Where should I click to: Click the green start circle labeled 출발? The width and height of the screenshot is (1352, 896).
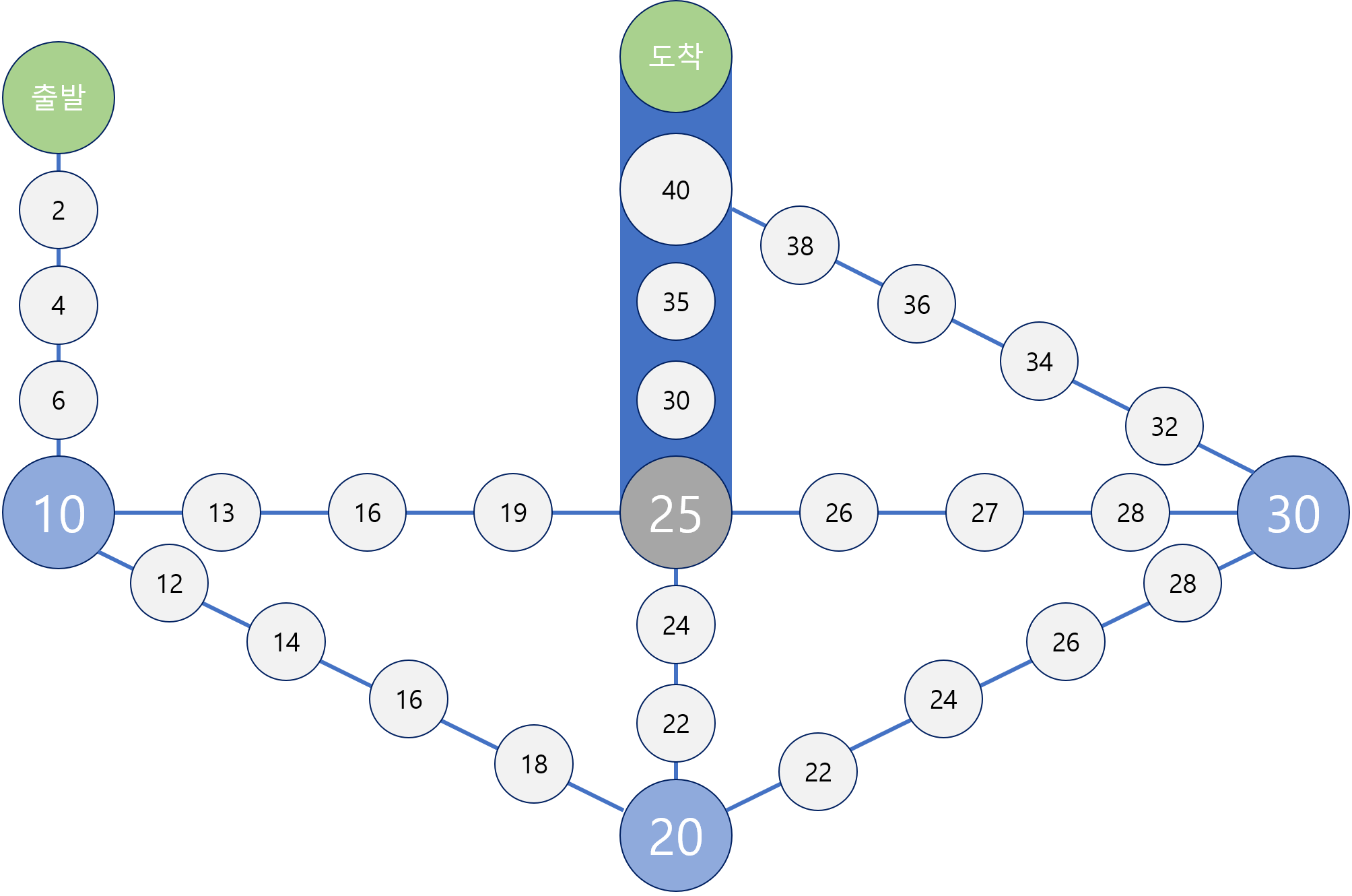coord(59,98)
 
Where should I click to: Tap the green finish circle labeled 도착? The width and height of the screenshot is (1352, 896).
coord(675,57)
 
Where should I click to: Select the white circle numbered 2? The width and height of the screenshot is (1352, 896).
coord(59,210)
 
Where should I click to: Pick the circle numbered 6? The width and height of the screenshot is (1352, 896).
coord(59,400)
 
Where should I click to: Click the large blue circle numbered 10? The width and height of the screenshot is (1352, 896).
coord(59,513)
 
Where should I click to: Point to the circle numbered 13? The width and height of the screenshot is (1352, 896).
coord(222,513)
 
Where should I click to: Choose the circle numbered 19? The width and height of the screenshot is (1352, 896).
coord(513,513)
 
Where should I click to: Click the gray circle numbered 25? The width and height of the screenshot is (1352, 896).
coord(675,513)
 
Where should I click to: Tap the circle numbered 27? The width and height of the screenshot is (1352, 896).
coord(984,513)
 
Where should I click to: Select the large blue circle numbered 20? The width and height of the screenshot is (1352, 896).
coord(675,836)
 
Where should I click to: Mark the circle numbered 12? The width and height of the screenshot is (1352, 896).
coord(170,583)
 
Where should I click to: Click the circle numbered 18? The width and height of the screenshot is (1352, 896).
coord(534,764)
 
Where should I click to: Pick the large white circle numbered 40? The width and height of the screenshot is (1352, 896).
coord(675,189)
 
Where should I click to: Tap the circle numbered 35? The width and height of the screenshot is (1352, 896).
coord(675,302)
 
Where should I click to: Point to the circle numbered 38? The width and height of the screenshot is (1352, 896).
coord(800,246)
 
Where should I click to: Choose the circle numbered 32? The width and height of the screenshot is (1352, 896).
coord(1164,426)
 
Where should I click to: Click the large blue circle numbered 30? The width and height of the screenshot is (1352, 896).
coord(1293,513)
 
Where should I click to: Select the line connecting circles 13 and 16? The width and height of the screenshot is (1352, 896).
coord(294,513)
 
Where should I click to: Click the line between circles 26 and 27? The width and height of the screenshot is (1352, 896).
coord(912,513)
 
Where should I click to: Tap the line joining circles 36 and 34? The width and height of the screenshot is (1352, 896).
coord(978,333)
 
